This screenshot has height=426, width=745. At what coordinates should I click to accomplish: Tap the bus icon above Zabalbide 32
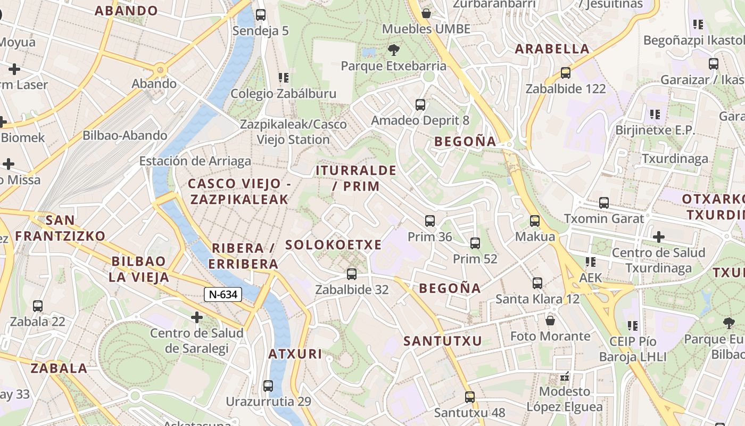[352, 274]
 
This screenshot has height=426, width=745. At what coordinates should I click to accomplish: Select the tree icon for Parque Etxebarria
[394, 50]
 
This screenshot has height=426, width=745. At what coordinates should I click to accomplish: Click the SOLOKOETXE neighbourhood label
[334, 245]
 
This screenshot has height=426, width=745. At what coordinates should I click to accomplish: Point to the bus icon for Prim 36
[430, 221]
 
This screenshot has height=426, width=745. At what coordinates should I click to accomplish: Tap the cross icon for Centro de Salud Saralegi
[197, 318]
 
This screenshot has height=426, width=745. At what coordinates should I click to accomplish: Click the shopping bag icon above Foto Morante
[550, 321]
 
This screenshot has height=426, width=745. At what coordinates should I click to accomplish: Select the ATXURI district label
[295, 354]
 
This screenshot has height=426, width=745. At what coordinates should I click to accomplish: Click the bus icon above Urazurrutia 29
[268, 386]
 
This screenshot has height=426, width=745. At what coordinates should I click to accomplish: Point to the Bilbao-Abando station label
[125, 135]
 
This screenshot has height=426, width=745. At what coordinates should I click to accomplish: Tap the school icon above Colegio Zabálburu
[284, 78]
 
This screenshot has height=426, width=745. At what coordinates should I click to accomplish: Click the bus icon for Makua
[535, 221]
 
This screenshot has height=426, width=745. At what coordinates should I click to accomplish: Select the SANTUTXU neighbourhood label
[443, 341]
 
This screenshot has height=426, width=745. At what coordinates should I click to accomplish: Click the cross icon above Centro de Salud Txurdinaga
[659, 236]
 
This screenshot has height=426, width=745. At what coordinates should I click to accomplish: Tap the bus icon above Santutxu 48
[469, 397]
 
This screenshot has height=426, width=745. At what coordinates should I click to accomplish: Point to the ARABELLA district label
[552, 49]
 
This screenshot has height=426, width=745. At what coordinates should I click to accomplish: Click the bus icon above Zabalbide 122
[566, 73]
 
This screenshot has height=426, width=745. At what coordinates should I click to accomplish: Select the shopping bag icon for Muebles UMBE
[426, 13]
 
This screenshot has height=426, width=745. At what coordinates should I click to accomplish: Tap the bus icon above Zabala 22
[37, 306]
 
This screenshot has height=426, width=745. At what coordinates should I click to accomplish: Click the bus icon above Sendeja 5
[261, 15]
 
